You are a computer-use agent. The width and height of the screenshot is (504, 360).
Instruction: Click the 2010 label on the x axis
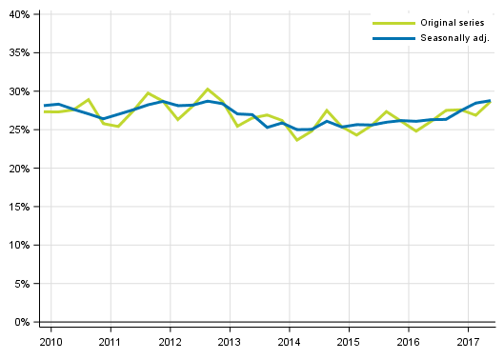(x=50, y=342)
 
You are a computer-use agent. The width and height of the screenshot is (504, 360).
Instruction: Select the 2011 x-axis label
(x=110, y=342)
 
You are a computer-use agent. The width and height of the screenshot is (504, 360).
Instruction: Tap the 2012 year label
(x=170, y=342)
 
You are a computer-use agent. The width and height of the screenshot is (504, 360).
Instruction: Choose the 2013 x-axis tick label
(x=229, y=342)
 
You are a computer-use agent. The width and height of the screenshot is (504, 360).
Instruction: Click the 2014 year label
(x=289, y=342)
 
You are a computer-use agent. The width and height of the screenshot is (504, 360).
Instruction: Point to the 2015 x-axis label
(x=348, y=342)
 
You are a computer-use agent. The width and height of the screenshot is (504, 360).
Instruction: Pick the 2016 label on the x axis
(x=408, y=342)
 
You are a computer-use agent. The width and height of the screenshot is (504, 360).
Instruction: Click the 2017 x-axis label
(x=467, y=342)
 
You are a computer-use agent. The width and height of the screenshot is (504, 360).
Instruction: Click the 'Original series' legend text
(x=452, y=22)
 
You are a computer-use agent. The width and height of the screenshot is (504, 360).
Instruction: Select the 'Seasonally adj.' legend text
(x=454, y=38)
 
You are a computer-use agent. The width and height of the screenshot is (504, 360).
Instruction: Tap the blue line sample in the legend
(x=393, y=38)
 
